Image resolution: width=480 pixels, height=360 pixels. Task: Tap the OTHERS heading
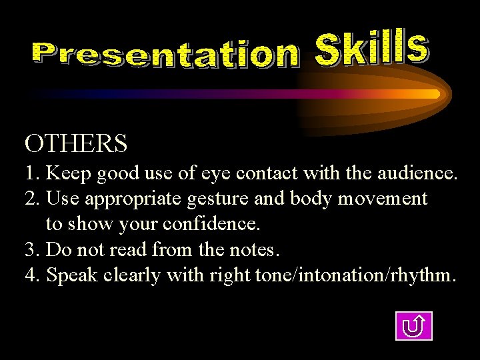coord(76,143)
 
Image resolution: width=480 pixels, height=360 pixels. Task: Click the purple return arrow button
coord(413,326)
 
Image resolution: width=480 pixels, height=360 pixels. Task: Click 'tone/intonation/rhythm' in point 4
coord(355,275)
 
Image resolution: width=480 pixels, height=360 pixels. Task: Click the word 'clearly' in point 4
coord(138,275)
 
